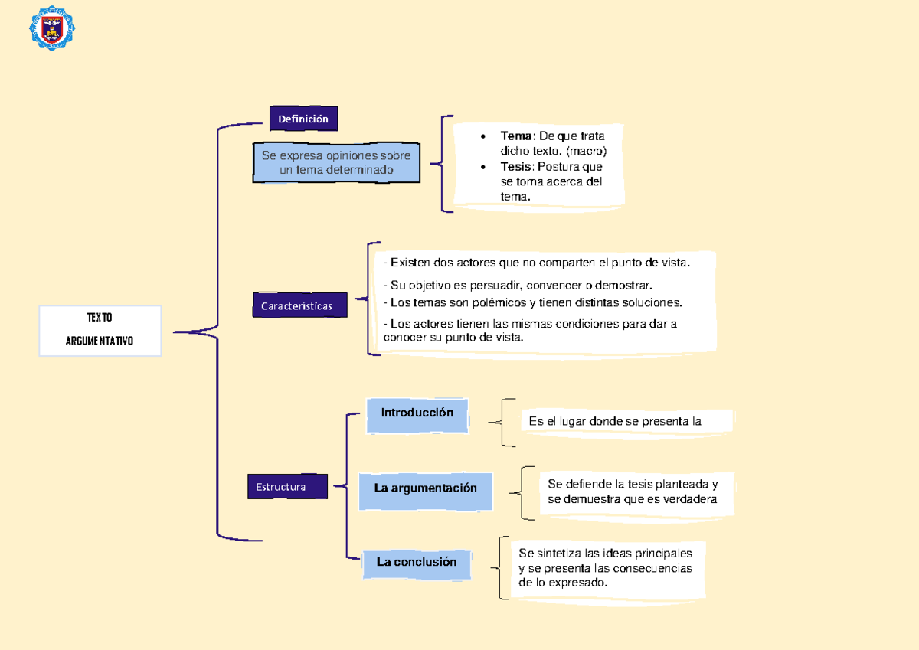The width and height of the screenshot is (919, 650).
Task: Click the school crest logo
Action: point(52,28)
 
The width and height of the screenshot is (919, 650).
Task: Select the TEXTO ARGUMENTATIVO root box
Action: point(100,330)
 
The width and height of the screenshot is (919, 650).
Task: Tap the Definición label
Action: point(303,119)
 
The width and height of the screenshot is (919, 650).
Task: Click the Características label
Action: point(296,305)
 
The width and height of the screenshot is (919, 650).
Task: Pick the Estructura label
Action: point(281,487)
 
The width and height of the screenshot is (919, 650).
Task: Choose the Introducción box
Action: point(417,413)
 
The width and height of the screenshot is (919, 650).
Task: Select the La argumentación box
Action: point(425,488)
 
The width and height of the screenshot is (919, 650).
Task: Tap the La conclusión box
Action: point(416,562)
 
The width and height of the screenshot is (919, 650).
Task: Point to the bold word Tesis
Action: point(515,166)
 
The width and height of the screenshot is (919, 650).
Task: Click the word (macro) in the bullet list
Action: point(586,151)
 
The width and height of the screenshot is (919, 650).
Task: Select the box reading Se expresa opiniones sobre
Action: point(336,162)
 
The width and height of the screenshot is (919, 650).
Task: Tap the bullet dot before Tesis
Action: point(482,166)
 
